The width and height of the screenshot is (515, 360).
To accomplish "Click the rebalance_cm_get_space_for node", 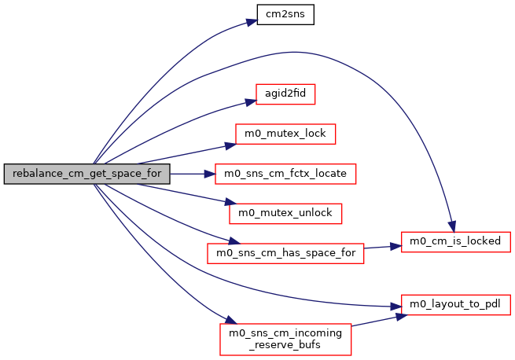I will click(x=86, y=174).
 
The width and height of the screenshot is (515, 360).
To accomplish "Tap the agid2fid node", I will click(x=285, y=94).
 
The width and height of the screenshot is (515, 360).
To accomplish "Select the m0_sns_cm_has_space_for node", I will click(x=285, y=252).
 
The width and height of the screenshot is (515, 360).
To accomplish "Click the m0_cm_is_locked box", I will click(x=456, y=241).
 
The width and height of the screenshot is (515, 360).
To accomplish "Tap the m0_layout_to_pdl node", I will click(x=456, y=303).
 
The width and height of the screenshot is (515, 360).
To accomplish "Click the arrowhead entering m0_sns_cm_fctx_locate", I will click(x=212, y=173).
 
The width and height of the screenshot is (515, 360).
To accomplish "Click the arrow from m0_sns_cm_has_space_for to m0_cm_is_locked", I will click(x=383, y=247).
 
